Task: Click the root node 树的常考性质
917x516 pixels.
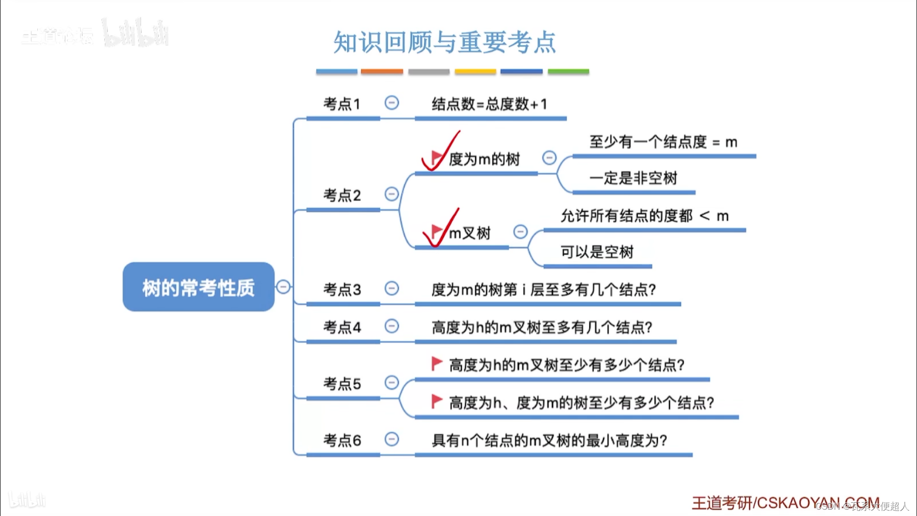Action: pos(198,287)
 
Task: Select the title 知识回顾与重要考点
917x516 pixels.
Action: pos(444,42)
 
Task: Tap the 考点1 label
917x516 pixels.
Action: pos(342,104)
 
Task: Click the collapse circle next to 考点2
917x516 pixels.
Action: pos(391,194)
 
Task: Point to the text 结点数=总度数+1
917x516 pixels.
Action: pos(489,104)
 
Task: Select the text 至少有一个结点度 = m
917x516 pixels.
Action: pos(663,142)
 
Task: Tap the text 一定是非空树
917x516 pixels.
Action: pos(633,178)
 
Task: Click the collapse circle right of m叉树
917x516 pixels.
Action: pos(520,231)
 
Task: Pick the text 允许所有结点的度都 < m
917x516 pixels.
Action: pos(644,216)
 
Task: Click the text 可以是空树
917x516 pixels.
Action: pos(597,252)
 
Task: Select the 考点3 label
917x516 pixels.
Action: pos(342,290)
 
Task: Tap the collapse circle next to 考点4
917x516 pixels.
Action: pos(391,326)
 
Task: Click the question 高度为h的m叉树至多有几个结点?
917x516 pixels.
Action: pos(542,327)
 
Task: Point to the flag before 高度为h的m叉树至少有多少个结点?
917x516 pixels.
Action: pos(436,364)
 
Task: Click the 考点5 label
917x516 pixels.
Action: pos(342,384)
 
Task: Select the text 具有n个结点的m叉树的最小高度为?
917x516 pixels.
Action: pos(549,441)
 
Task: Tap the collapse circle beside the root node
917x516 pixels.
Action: pos(283,287)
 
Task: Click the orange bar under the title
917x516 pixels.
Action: pos(382,72)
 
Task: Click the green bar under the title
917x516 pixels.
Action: pos(568,72)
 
